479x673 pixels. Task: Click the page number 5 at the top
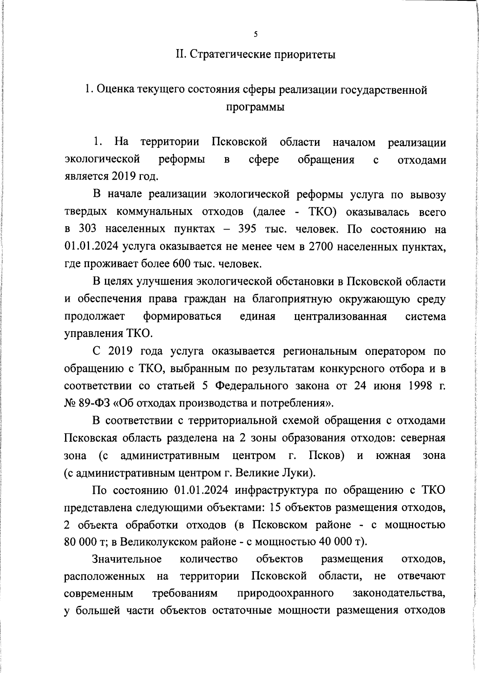(255, 34)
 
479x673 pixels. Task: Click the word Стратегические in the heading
(230, 54)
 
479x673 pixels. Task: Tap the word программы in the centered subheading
(255, 107)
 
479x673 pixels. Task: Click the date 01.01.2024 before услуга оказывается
(91, 247)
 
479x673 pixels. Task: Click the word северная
(423, 438)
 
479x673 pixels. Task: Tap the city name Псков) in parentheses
(327, 455)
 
